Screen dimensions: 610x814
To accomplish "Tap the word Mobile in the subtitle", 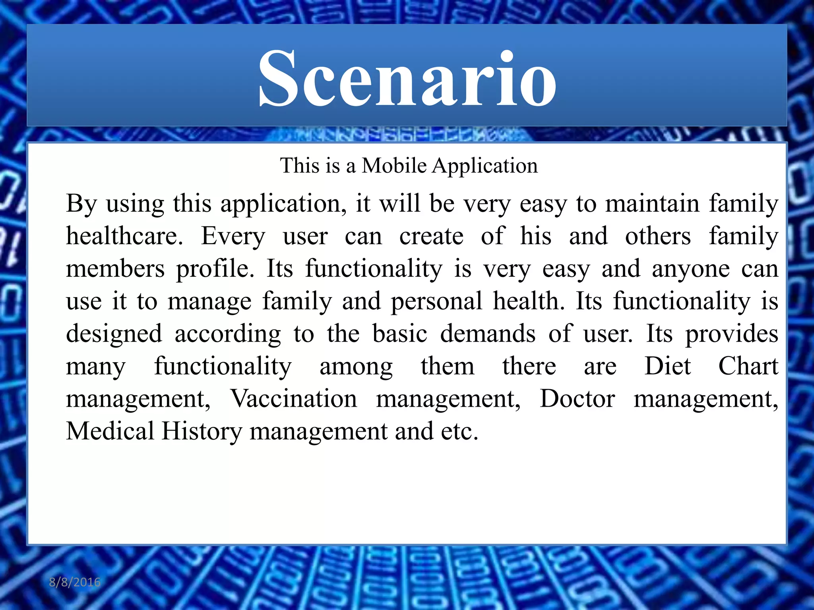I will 394,166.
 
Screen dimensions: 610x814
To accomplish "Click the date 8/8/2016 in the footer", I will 75,582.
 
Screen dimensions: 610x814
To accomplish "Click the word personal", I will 436,301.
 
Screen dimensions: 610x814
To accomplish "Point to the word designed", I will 114,334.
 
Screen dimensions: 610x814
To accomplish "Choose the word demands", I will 488,334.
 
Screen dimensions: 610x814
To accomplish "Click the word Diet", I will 668,366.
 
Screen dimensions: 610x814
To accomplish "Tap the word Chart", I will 748,366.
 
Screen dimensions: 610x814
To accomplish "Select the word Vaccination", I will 294,399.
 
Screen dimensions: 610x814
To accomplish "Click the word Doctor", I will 577,399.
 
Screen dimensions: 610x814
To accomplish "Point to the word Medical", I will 110,431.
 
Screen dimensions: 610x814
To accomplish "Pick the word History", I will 202,431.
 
